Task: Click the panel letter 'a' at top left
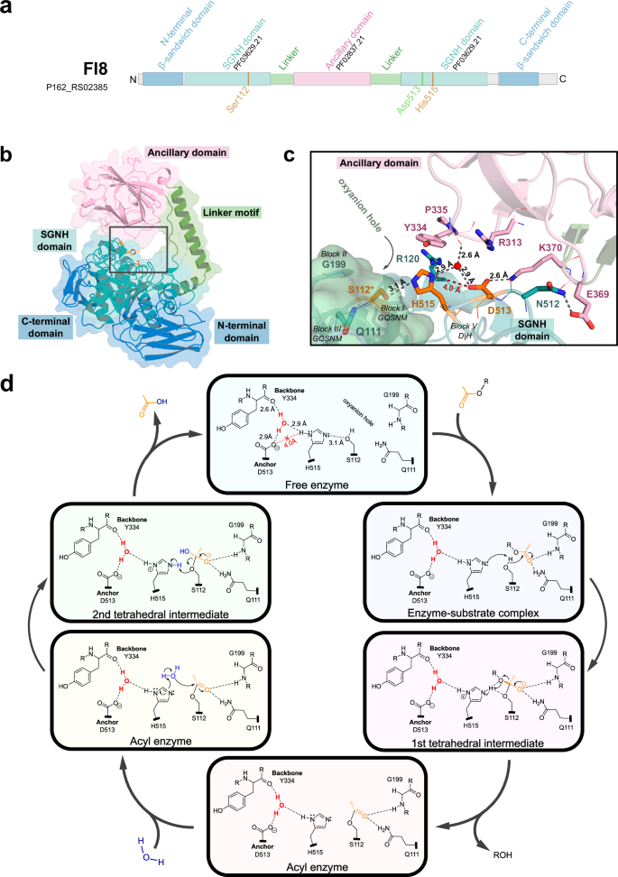coord(7,10)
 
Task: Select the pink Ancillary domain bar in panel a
coord(333,79)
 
